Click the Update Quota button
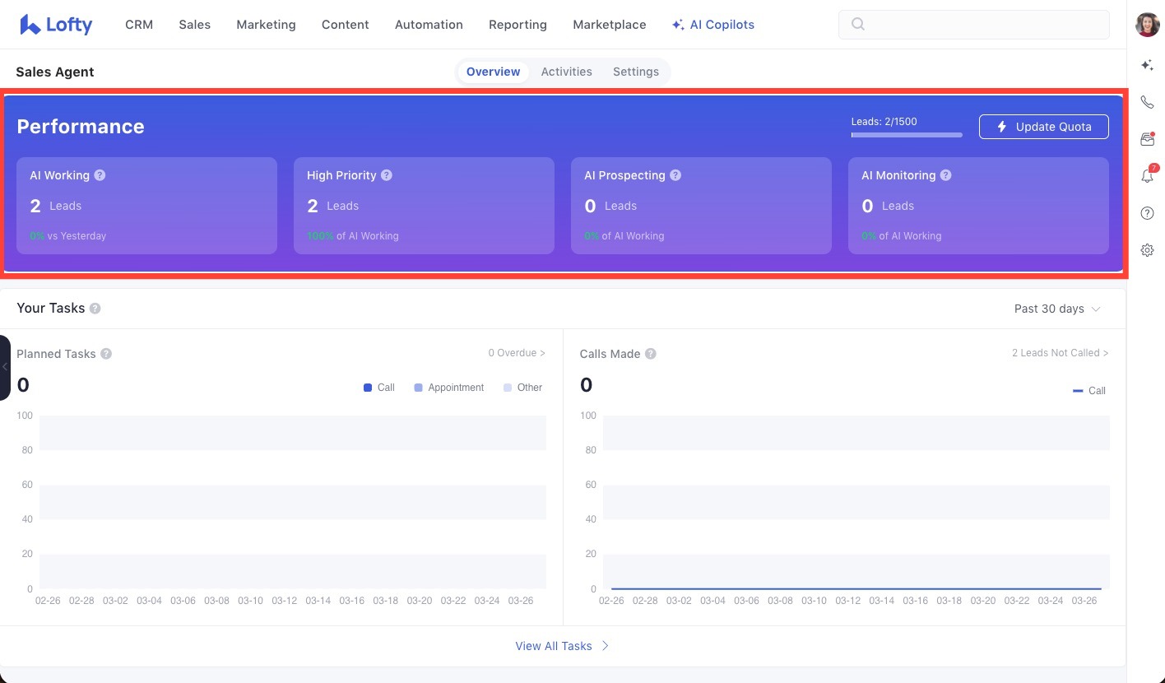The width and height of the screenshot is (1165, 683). (x=1043, y=127)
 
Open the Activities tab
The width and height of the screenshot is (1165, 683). (x=566, y=72)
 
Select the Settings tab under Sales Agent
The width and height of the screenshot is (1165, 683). (x=635, y=72)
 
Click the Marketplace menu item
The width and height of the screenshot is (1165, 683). (x=609, y=25)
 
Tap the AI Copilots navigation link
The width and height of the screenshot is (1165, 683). (x=712, y=25)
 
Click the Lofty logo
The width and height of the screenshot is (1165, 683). (x=56, y=25)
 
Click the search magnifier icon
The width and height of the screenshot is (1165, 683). (x=858, y=25)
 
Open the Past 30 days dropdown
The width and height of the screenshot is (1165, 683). (x=1057, y=309)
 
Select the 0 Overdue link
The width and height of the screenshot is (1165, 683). (x=517, y=353)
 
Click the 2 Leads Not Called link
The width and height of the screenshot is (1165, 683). (x=1060, y=353)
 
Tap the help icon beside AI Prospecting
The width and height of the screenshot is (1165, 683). (x=675, y=175)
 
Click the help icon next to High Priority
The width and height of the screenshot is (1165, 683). (x=387, y=175)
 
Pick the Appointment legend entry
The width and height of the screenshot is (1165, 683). (x=448, y=388)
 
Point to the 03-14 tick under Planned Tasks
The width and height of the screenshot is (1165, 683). (x=318, y=601)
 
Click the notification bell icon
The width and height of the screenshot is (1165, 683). (x=1147, y=175)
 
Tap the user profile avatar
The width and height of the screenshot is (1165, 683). (x=1147, y=25)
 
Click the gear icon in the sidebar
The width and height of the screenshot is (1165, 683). (x=1147, y=250)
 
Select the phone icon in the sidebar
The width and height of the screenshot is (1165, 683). (x=1147, y=102)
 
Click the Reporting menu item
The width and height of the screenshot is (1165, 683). (x=518, y=25)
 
